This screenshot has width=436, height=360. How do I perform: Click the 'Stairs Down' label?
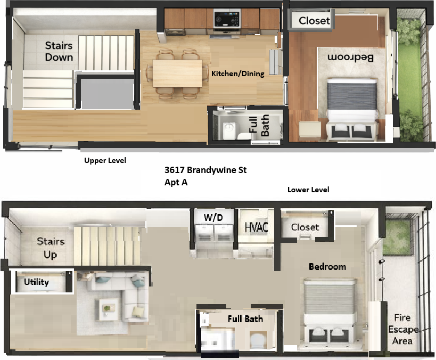59,51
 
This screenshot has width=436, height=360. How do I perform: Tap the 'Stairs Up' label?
51,248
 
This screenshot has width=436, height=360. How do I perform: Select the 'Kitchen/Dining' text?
237,73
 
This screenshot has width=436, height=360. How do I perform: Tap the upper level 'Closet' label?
314,21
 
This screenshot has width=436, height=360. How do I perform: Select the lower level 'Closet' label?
305,227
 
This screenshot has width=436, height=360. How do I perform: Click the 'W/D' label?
212,217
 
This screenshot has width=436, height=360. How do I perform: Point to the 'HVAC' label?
256,227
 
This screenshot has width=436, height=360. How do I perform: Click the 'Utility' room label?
36,282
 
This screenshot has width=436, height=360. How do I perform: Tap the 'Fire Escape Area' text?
403,329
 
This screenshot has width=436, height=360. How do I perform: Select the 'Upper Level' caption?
105,160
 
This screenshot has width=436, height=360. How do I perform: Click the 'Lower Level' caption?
308,190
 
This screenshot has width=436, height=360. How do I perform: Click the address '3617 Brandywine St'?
205,170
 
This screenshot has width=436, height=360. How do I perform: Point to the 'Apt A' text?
176,182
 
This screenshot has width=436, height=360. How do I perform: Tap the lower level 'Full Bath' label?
245,319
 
